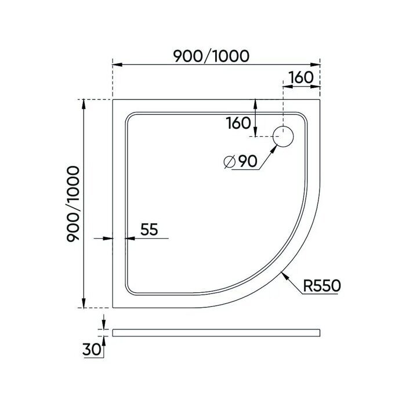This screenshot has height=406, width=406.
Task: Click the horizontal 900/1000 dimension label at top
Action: [x=212, y=56]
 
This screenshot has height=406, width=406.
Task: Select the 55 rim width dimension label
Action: [x=149, y=230]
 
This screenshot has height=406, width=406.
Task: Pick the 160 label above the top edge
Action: [x=300, y=77]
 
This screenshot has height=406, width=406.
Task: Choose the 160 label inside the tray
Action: [x=238, y=123]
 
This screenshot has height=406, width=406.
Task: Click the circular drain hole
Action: [x=284, y=137]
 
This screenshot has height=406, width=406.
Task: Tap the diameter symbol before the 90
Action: [x=229, y=162]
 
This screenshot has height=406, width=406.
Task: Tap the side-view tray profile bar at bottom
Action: [x=216, y=332]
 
